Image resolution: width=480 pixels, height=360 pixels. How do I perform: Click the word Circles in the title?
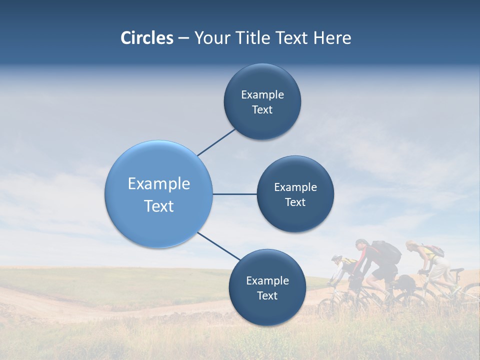click(146, 38)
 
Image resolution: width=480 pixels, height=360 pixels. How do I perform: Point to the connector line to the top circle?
click(216, 142)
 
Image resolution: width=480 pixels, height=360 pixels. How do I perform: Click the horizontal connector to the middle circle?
click(234, 194)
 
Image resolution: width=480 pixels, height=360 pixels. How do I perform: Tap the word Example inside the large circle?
click(159, 184)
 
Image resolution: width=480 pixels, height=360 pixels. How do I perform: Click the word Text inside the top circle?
click(262, 110)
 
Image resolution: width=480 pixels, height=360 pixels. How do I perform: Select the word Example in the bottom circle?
click(267, 280)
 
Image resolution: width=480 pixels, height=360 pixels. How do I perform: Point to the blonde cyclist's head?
click(411, 245)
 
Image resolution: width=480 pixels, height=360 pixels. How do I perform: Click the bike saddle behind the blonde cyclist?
click(457, 270)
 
